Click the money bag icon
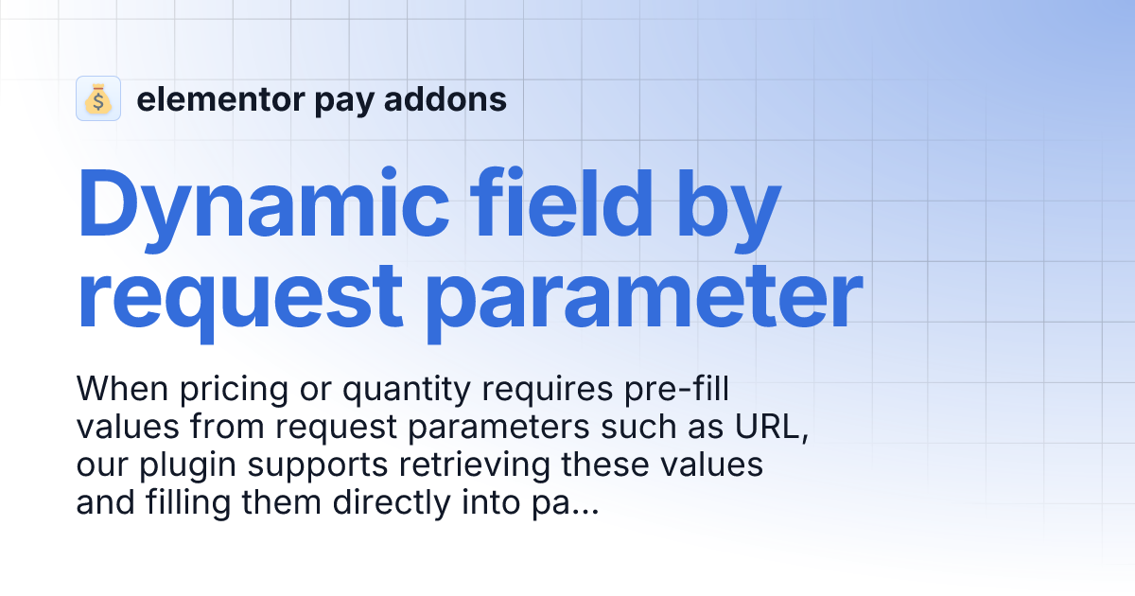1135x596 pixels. pyautogui.click(x=98, y=98)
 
